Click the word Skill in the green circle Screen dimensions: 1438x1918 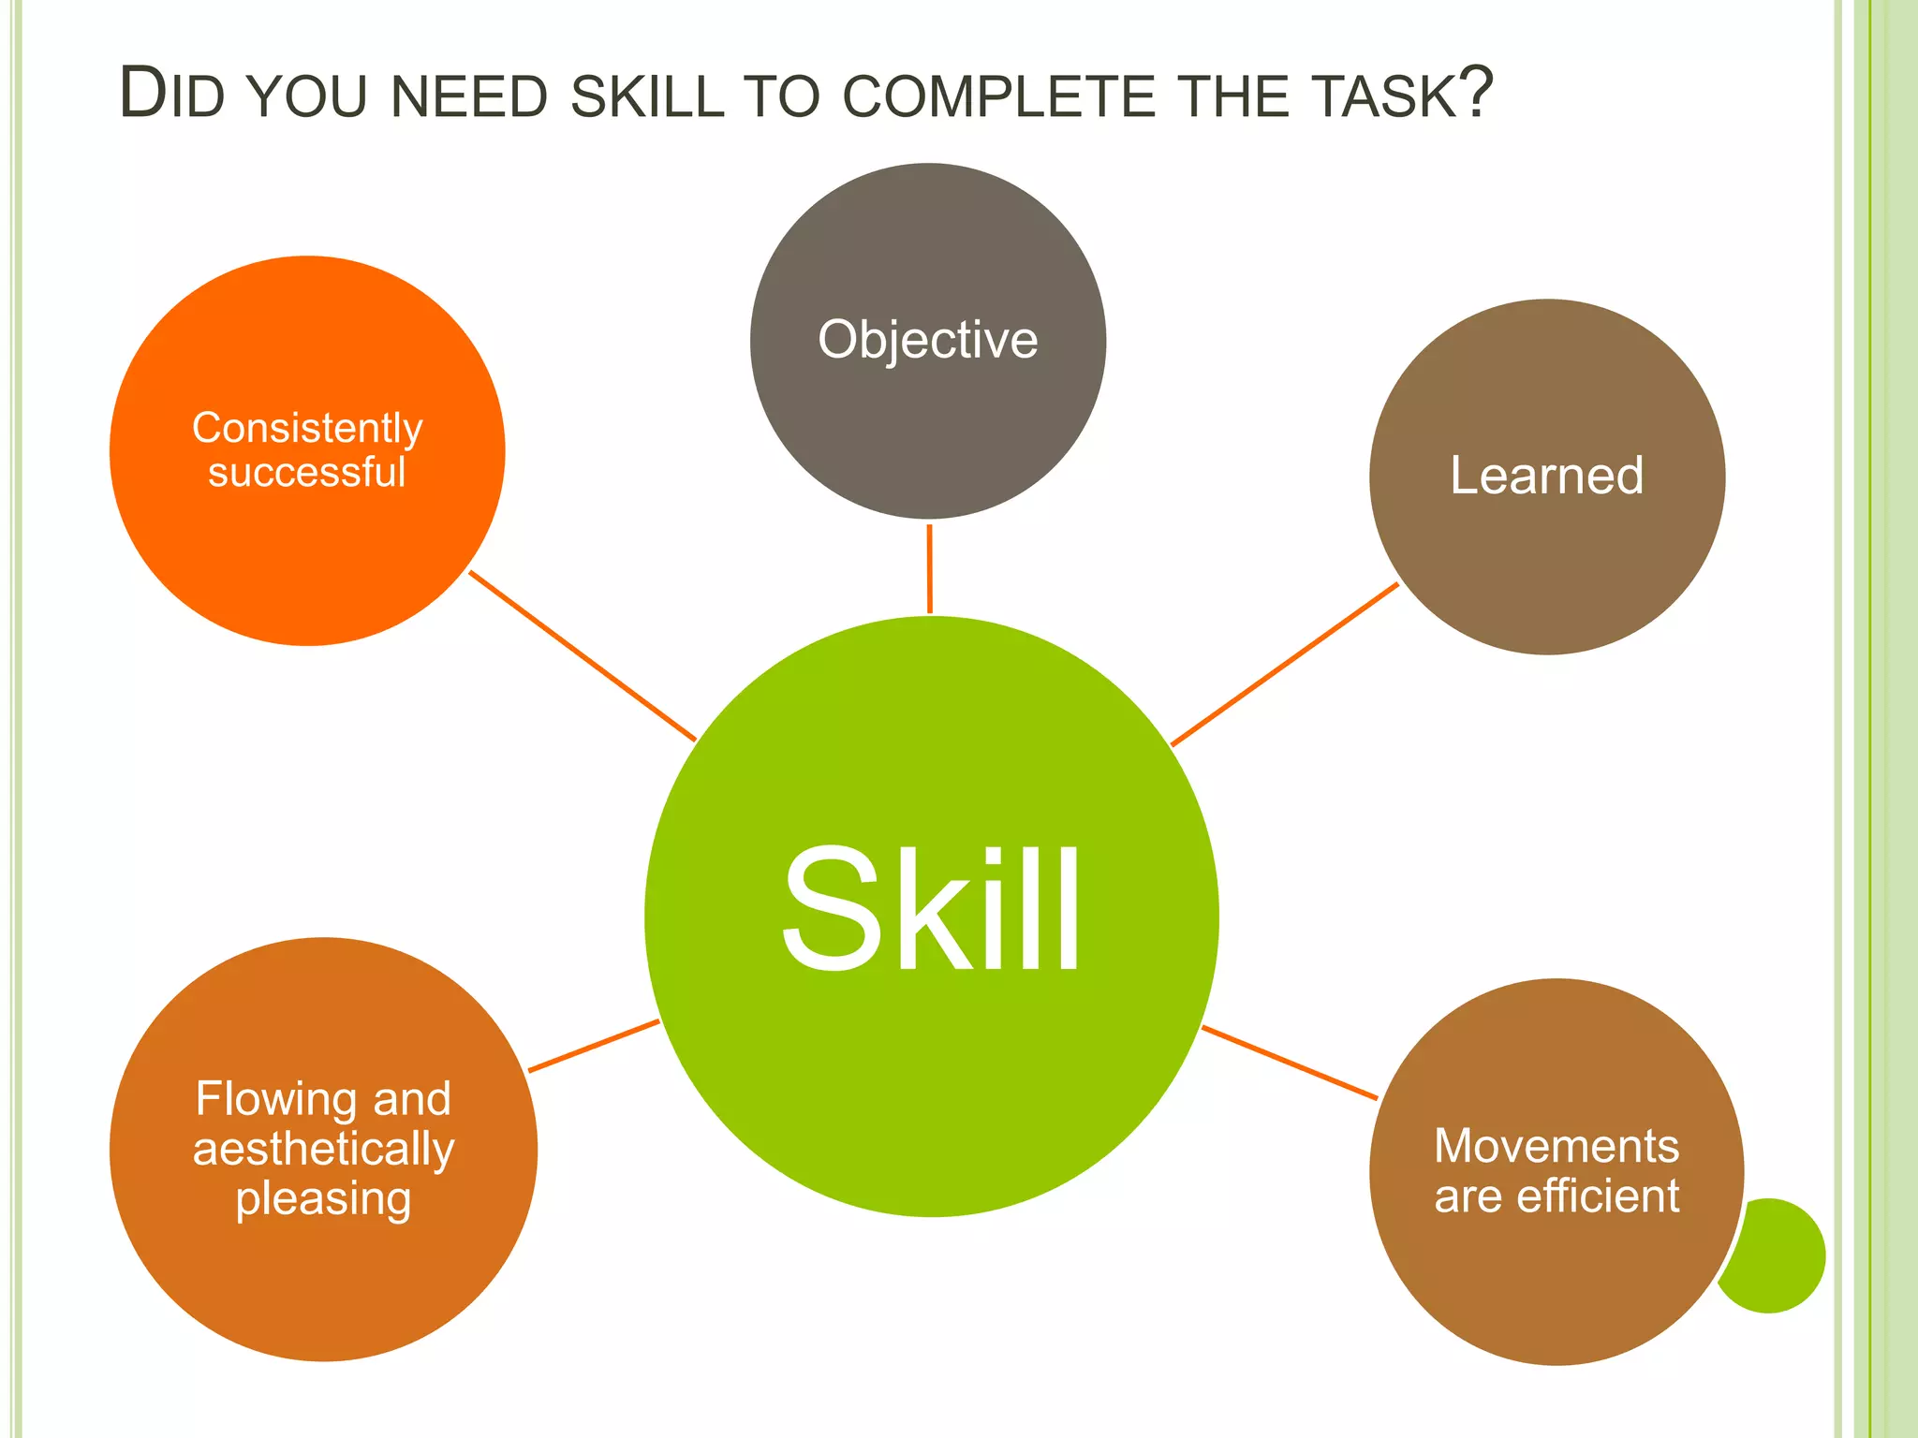931,910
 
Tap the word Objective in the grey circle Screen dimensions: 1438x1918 927,340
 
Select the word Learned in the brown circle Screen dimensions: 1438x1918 1546,476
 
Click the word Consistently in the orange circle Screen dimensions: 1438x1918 307,429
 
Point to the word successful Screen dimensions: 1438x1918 307,473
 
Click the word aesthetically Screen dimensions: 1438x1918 323,1150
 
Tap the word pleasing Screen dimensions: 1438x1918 323,1199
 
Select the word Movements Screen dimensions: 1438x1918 1557,1147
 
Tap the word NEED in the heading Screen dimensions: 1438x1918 468,96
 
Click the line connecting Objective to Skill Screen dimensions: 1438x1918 929,568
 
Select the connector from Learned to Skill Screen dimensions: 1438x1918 1285,664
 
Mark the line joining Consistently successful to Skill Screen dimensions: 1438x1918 582,655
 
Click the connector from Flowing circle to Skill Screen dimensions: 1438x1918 594,1046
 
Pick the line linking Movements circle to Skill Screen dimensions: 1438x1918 1290,1063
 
